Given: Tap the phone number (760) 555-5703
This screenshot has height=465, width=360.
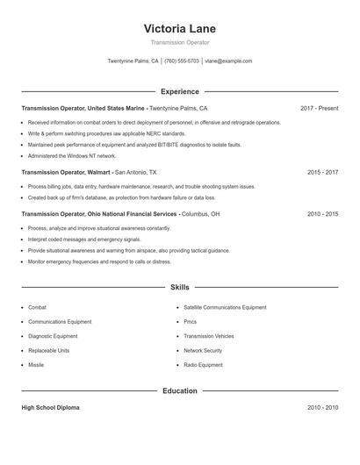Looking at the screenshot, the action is click(x=182, y=61).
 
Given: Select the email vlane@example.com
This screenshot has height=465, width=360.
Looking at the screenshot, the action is click(x=228, y=61).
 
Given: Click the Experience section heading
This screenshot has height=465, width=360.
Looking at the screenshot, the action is click(x=179, y=91).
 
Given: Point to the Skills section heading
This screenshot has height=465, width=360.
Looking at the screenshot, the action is click(x=179, y=287).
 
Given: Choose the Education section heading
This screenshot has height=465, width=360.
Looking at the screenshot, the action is click(x=179, y=390).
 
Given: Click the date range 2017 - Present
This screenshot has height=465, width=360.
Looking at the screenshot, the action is click(x=319, y=108).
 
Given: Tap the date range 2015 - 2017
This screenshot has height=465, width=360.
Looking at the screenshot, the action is click(x=322, y=173).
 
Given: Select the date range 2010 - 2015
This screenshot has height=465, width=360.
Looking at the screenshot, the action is click(x=322, y=213).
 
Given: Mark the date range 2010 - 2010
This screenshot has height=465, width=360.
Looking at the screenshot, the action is click(x=322, y=408).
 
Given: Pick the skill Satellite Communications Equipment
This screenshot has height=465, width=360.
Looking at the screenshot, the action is click(x=225, y=308).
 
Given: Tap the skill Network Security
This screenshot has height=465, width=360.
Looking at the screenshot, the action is click(x=203, y=350).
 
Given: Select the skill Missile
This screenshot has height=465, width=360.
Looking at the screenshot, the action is click(x=36, y=364).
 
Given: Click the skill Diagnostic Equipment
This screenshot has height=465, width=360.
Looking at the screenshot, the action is click(x=53, y=336).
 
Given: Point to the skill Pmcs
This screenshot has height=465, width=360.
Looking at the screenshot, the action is click(x=191, y=322).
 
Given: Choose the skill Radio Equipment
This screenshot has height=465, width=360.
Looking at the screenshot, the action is click(x=204, y=364).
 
